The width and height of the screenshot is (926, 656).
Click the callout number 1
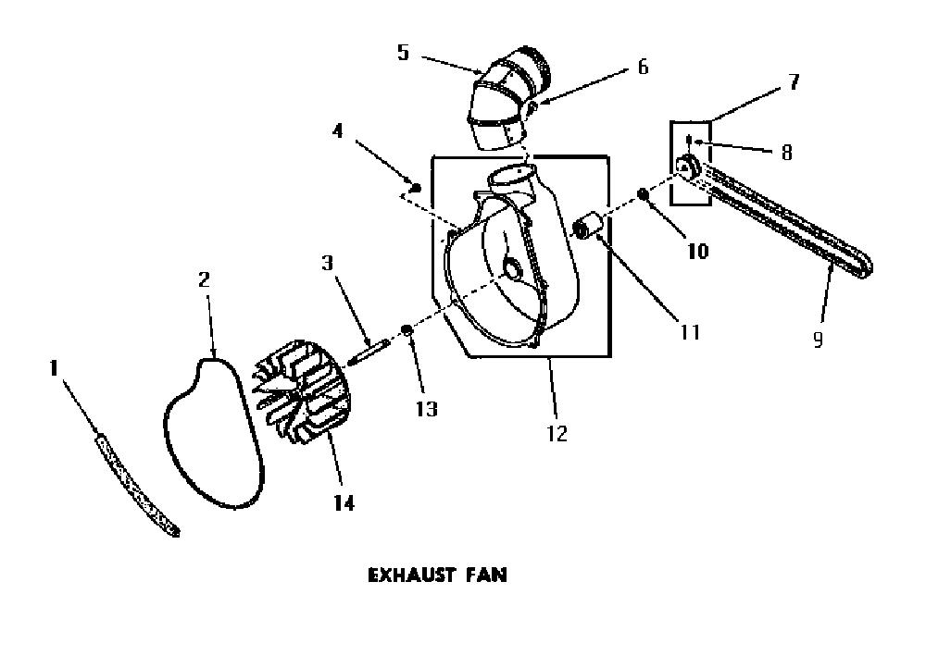click(x=54, y=368)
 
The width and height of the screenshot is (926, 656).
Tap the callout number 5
click(x=404, y=52)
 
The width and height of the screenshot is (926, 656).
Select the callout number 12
click(x=557, y=434)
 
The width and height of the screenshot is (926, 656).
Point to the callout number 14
click(x=344, y=502)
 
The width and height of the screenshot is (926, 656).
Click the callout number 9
click(x=818, y=340)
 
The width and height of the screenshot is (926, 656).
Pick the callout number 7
click(x=795, y=81)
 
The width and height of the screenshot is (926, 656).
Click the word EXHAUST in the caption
click(x=412, y=576)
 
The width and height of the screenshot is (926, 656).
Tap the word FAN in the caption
click(x=485, y=576)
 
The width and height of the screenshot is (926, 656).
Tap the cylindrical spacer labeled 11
click(x=588, y=226)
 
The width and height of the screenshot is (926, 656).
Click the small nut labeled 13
click(x=407, y=329)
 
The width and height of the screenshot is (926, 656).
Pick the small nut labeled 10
click(x=643, y=193)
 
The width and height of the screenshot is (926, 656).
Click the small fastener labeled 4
click(x=417, y=188)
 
